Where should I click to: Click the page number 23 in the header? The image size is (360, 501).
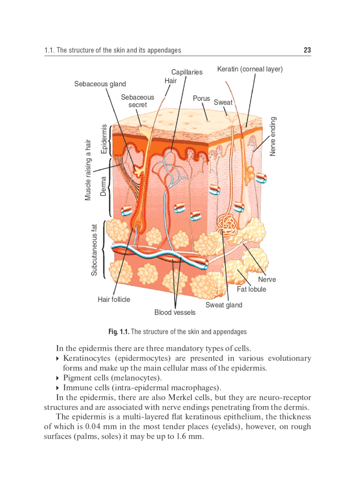(x=307, y=50)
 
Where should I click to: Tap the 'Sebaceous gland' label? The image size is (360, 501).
(x=100, y=84)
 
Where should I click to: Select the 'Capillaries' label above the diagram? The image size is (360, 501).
(x=186, y=72)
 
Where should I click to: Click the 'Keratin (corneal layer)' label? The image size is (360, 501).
(x=250, y=69)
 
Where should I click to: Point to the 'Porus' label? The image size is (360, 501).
(x=201, y=98)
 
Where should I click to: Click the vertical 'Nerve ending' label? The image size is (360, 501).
(x=273, y=136)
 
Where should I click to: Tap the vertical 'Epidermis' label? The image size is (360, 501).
(x=104, y=139)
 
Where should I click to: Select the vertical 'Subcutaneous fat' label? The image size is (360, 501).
(x=94, y=250)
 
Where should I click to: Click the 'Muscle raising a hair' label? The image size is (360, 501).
(x=88, y=170)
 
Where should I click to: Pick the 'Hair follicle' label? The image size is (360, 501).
(x=114, y=299)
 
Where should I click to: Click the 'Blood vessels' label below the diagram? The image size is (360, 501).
(x=175, y=312)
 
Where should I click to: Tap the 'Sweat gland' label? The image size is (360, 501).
(x=224, y=305)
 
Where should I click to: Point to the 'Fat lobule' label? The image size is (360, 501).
(x=251, y=289)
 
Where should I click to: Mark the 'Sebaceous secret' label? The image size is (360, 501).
(x=138, y=101)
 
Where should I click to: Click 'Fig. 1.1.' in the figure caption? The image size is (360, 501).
(x=118, y=332)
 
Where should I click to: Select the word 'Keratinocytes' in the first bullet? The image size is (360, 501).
(x=87, y=358)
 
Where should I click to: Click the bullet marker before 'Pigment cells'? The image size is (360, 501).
(x=58, y=378)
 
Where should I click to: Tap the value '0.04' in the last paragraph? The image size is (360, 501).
(x=95, y=427)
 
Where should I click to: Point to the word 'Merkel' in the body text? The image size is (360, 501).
(x=180, y=397)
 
